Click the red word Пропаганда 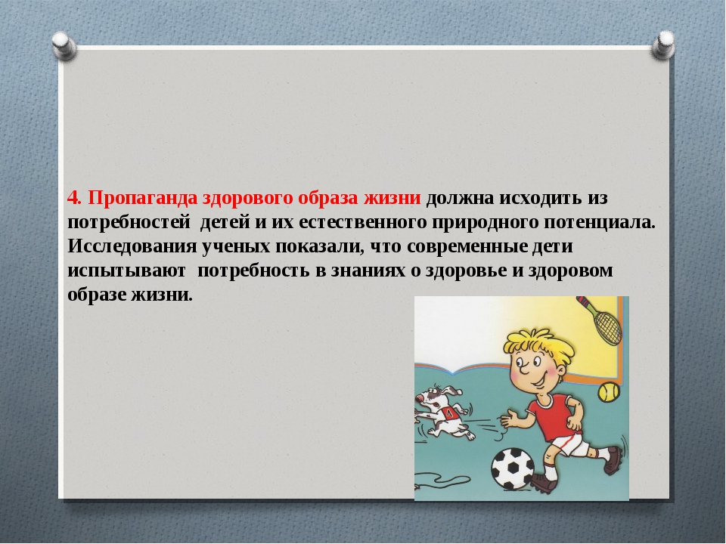144,198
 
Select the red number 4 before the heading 73,198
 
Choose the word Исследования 132,246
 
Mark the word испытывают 126,270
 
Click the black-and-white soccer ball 513,468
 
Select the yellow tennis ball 609,392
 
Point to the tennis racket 601,320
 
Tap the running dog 445,413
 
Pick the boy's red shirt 554,415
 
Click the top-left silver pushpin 64,46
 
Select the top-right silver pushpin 663,45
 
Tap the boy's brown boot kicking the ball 544,483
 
